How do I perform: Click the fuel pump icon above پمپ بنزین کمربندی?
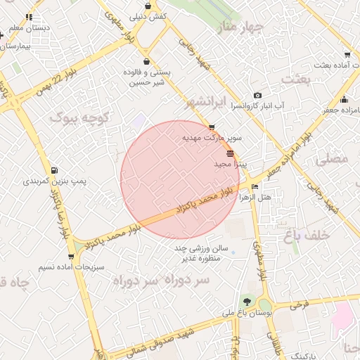[55, 170]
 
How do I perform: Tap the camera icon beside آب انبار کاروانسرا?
[257, 96]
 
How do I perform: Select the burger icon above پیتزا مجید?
[231, 153]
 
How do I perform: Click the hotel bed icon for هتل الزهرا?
[254, 187]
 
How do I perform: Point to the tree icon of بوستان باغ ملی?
[246, 302]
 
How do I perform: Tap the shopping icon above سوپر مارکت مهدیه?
[212, 127]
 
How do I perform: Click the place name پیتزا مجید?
[230, 164]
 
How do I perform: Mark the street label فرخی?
[298, 307]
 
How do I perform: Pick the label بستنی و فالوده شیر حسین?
[146, 77]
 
